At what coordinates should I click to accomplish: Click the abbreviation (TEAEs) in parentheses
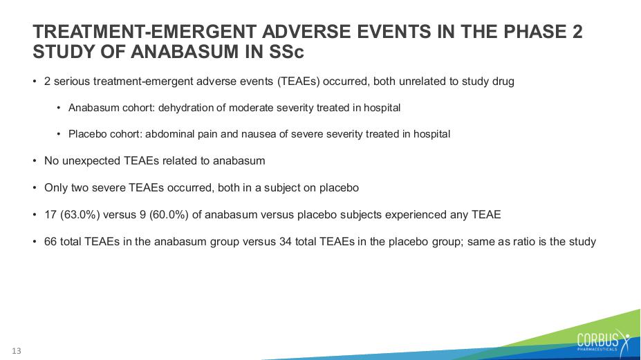tap(299, 82)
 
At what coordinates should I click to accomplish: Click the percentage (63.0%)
tap(80, 214)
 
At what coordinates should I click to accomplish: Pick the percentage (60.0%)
tap(169, 214)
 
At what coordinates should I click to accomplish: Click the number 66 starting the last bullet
tap(50, 242)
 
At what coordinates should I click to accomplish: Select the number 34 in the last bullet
tap(286, 242)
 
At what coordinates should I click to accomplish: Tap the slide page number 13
tap(17, 351)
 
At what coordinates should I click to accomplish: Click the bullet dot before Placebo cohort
tap(59, 134)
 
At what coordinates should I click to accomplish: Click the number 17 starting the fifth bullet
tap(50, 214)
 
